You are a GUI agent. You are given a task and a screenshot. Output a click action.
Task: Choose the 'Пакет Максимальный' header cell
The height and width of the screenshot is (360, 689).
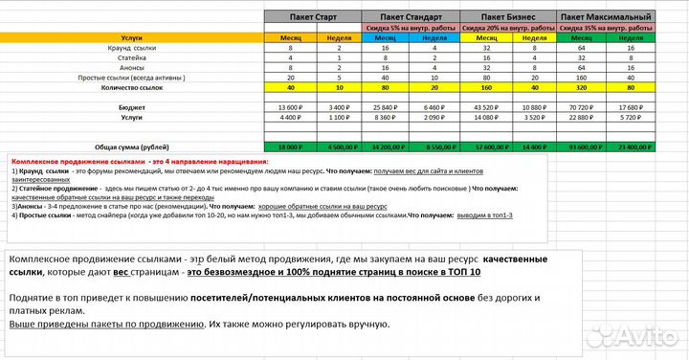tap(606, 18)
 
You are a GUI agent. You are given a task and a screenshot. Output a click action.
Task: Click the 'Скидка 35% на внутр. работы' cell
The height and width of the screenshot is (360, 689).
tap(606, 28)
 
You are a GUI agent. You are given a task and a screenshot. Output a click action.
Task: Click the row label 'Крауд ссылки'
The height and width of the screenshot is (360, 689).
tap(133, 48)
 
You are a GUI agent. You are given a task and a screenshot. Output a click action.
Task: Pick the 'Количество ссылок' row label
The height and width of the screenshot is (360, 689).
tap(133, 88)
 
